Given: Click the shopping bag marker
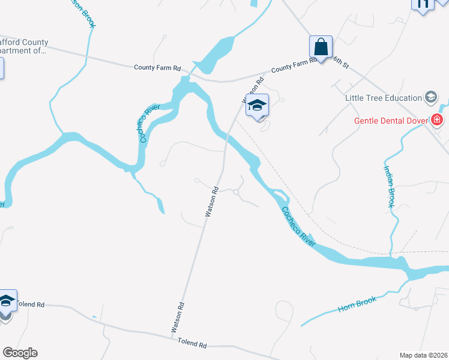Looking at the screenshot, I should pos(321,47).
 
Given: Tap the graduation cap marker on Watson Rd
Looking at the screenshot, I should pos(257,106).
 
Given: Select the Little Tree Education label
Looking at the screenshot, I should pos(384,98).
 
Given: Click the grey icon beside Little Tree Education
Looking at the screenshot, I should pos(430,97).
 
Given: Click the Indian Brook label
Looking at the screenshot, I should pos(389,187).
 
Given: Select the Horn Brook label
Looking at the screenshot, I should pos(357,304).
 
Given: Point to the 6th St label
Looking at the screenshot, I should pos(340,62).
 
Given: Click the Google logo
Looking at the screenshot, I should pos(19,353).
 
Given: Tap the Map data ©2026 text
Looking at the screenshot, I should pos(423,355).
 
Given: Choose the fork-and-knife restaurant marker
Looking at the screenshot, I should pos(422,4).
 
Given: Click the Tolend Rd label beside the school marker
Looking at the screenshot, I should pos(31,304).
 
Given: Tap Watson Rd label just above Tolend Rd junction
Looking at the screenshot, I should pos(177,317).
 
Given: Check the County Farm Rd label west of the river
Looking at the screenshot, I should pos(157,68).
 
